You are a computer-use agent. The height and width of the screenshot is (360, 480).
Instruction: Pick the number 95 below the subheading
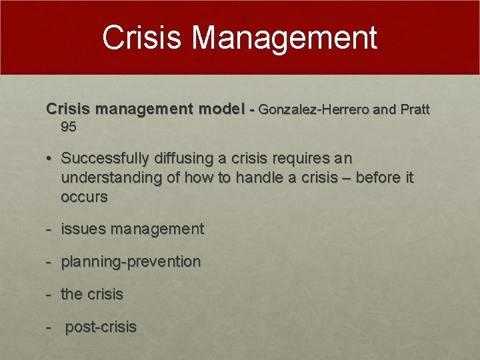(68, 127)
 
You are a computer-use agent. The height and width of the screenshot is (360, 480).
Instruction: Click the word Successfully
(105, 159)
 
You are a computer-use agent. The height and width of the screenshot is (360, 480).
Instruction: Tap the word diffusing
(185, 159)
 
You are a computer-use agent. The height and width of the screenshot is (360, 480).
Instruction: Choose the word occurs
(84, 197)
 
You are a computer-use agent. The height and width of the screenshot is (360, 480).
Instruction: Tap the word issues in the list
(83, 229)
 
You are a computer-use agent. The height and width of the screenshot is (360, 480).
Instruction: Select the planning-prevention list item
(131, 262)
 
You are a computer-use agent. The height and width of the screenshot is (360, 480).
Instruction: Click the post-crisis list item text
(101, 327)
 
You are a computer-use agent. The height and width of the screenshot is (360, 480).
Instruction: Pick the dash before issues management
(49, 229)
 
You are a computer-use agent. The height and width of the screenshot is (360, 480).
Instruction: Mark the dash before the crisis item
(49, 294)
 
